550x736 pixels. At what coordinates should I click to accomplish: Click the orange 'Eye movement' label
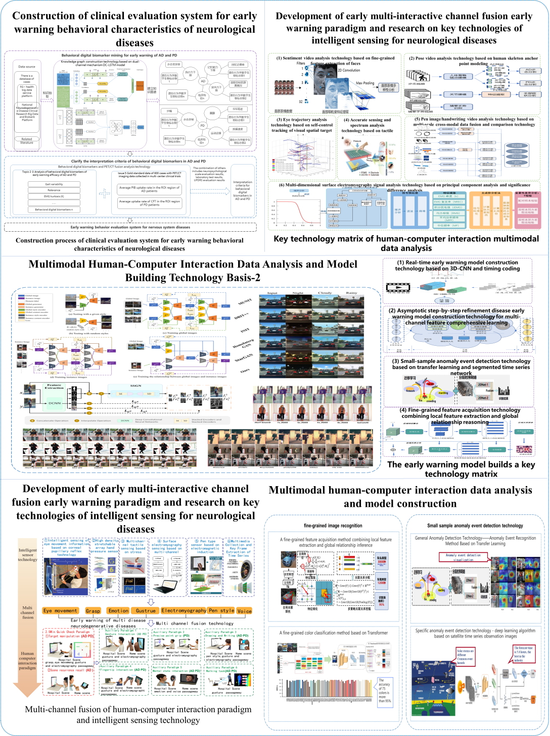pos(60,611)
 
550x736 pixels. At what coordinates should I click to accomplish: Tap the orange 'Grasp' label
pos(93,611)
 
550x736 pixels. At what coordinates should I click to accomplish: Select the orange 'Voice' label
pos(244,611)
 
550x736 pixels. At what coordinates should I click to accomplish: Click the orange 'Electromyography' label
pos(184,611)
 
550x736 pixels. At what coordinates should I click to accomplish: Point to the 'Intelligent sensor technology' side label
pos(28,555)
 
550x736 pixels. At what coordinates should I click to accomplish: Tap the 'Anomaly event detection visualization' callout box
pos(463,557)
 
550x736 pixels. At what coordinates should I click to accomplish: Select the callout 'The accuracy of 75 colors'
pos(385,691)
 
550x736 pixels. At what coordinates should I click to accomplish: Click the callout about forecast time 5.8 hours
pos(523,654)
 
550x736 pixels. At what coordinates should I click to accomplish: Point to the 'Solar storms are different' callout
pos(465,657)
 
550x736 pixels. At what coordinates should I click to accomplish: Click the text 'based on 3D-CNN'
pos(447,269)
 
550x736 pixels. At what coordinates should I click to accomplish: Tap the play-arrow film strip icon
pos(397,287)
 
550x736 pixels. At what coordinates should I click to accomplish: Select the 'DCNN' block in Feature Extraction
pos(54,403)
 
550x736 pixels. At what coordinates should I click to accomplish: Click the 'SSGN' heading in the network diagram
pos(135,386)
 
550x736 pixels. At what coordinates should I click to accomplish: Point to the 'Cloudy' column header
pos(325,293)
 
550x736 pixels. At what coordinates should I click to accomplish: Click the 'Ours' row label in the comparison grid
pos(245,371)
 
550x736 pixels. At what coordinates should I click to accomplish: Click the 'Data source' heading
pos(27,67)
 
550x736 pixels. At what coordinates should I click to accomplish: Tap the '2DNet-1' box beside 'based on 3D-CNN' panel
pos(483,385)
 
